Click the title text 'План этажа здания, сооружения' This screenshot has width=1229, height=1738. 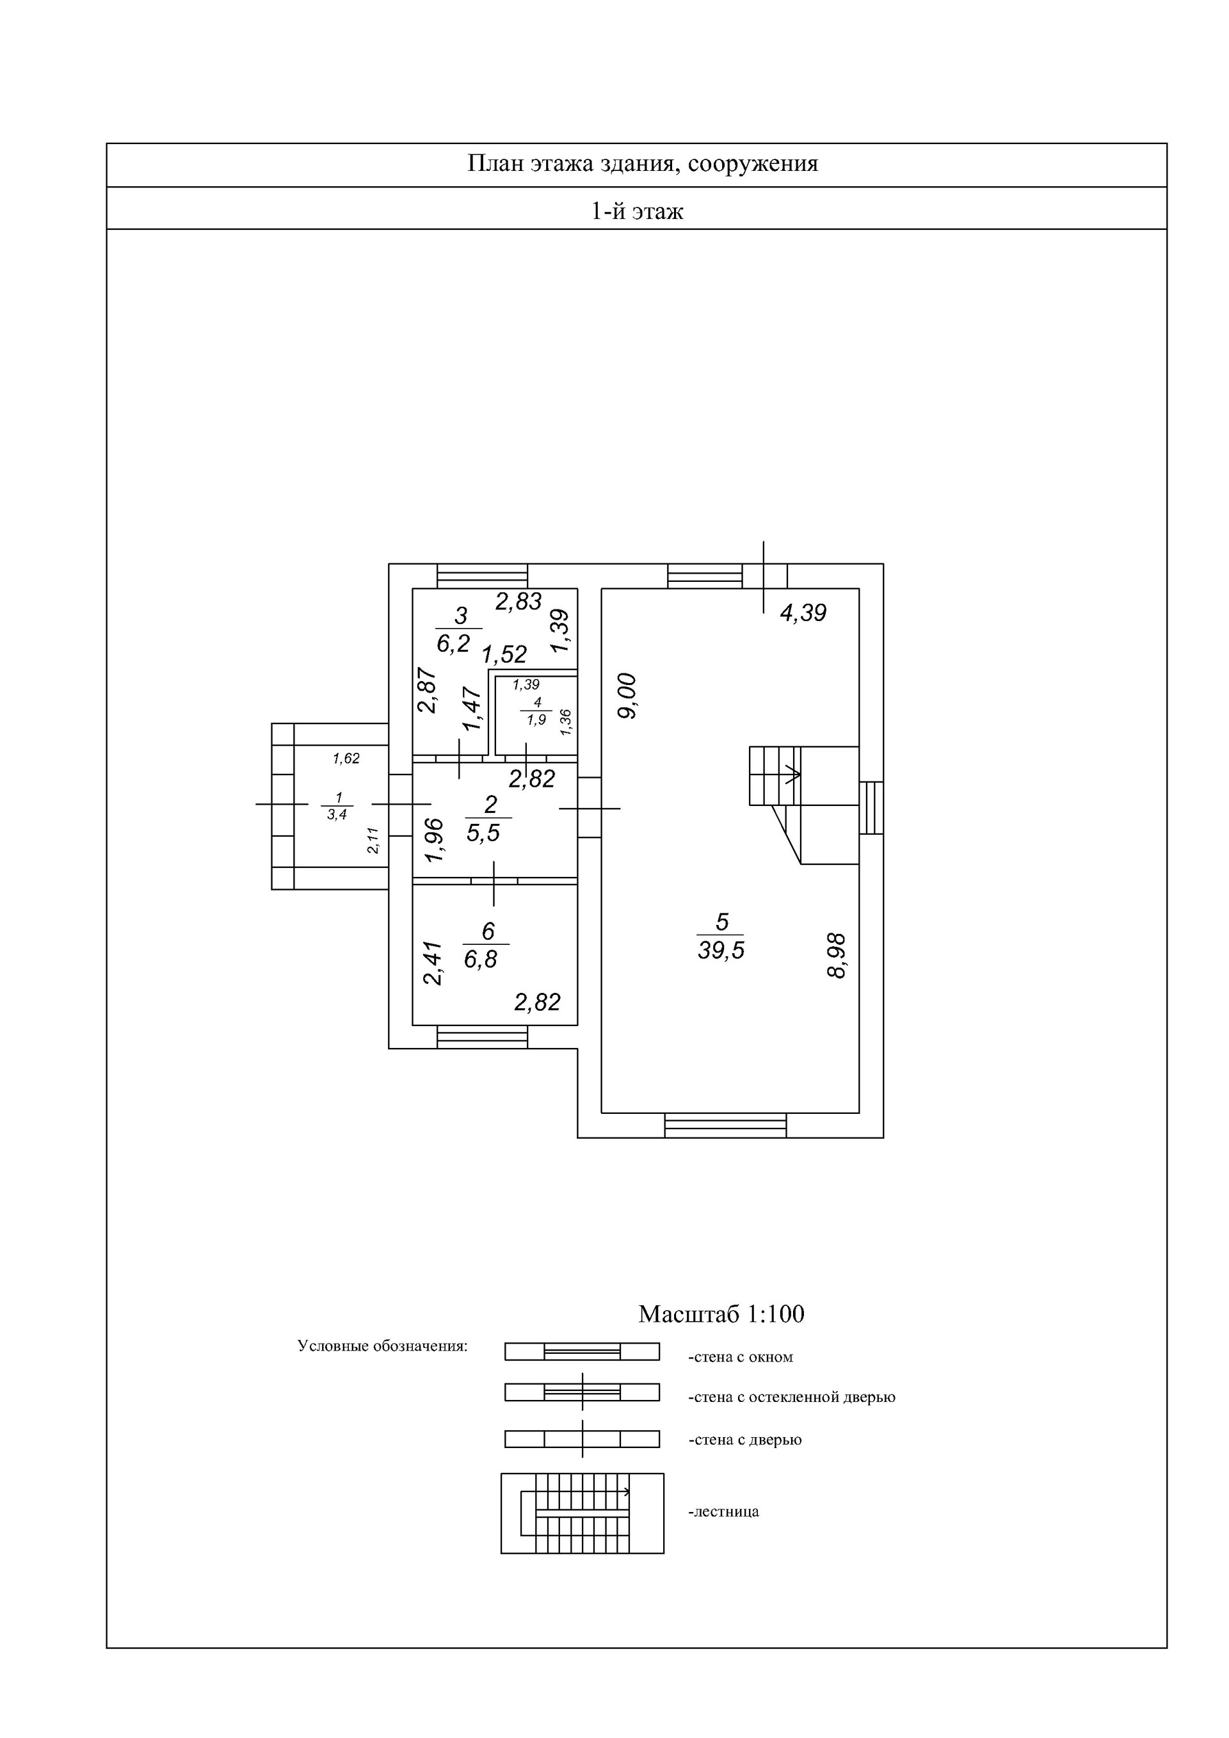click(x=643, y=165)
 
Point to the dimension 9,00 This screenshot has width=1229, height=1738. click(x=628, y=696)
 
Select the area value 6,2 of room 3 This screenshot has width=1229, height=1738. click(x=453, y=643)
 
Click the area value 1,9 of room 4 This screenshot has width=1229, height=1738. click(x=536, y=720)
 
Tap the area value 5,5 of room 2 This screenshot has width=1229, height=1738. click(x=483, y=833)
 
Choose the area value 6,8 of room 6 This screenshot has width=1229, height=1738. click(x=481, y=959)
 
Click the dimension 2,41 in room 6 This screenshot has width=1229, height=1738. click(x=431, y=963)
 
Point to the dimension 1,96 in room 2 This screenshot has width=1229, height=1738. click(x=433, y=841)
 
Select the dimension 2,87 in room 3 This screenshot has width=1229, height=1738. click(x=428, y=689)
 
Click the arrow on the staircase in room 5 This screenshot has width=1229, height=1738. click(x=793, y=775)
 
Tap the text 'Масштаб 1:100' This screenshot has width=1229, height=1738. click(x=721, y=1314)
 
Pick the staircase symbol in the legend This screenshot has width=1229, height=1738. click(x=582, y=1513)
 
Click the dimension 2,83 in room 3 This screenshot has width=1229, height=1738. click(x=518, y=601)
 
